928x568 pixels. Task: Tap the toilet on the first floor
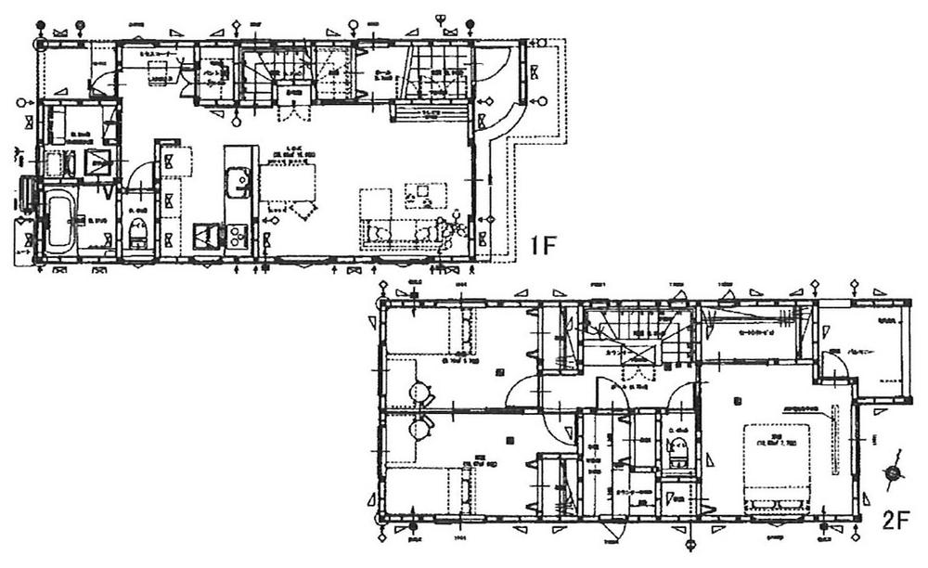pos(138,234)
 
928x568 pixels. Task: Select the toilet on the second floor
pos(678,452)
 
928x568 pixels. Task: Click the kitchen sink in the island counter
pos(238,179)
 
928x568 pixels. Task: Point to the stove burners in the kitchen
pos(206,237)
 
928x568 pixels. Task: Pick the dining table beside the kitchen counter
pos(288,182)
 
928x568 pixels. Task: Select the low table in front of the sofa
pos(425,194)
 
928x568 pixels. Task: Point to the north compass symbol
pos(893,472)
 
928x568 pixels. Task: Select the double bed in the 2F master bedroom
pos(776,467)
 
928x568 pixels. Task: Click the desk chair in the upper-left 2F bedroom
pos(419,394)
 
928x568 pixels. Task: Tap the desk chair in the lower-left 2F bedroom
pos(419,428)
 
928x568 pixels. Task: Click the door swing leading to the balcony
pos(837,367)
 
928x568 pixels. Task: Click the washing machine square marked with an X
pos(97,163)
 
